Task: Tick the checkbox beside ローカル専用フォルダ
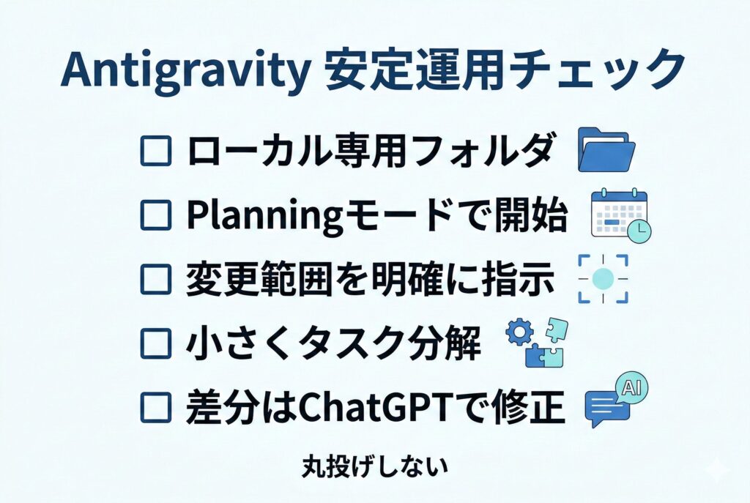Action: pos(155,151)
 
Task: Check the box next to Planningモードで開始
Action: pos(155,215)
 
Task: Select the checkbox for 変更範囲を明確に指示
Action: pos(155,279)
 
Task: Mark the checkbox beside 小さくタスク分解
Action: pos(155,343)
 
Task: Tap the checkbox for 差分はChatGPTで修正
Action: pos(155,407)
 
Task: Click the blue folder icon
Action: pos(606,149)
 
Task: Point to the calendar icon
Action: pos(620,215)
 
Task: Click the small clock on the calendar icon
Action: pos(639,231)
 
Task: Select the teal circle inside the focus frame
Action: pos(603,279)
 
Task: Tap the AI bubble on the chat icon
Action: pos(631,387)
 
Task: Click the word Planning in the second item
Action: pos(264,216)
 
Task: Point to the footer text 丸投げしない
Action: pos(376,466)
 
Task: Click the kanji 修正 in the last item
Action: pos(530,407)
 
